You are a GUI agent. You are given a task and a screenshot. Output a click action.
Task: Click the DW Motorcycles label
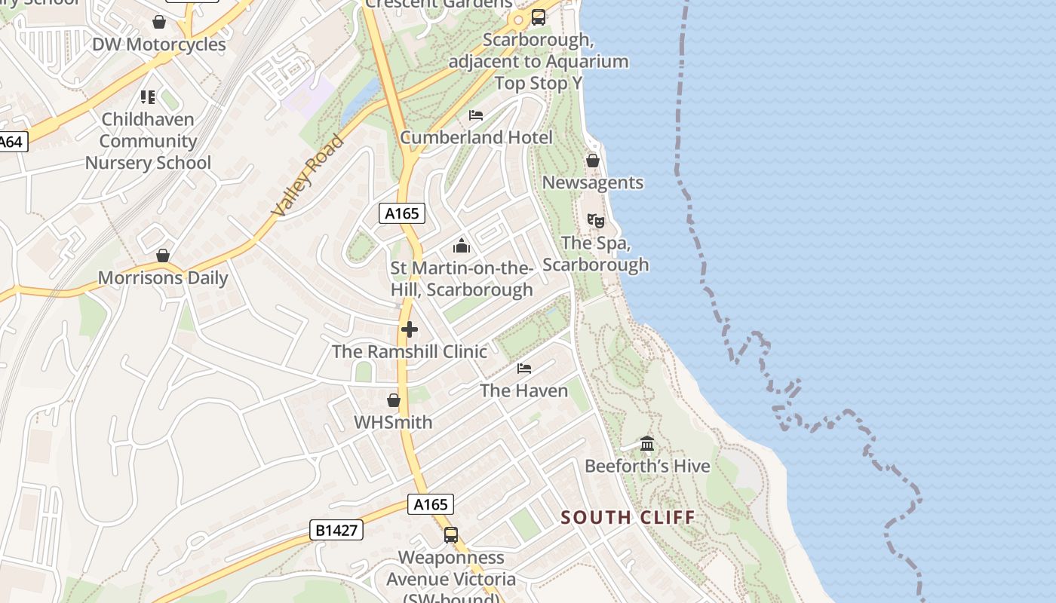tap(158, 44)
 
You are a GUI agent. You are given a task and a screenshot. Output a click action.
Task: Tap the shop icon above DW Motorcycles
tap(159, 22)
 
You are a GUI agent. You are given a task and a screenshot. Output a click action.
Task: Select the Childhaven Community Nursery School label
tap(148, 141)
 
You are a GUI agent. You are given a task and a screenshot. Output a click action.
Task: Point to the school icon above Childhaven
tap(148, 96)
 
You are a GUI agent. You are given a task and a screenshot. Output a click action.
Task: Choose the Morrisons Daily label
tap(163, 278)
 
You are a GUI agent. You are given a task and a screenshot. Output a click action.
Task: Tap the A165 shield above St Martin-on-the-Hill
tap(401, 213)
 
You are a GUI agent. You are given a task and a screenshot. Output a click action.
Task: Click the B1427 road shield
tap(336, 531)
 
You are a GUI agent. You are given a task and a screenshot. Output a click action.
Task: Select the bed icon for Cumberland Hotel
tap(476, 115)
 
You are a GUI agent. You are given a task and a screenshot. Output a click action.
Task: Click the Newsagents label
tap(593, 182)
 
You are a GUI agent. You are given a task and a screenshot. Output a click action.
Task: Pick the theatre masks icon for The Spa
tap(596, 221)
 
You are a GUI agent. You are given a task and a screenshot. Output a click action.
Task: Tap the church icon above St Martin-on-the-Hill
tap(462, 246)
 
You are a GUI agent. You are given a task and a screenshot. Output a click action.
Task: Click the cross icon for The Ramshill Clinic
tap(410, 329)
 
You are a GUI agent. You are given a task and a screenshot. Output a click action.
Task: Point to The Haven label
tap(524, 390)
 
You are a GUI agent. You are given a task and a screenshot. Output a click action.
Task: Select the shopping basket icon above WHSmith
tap(394, 400)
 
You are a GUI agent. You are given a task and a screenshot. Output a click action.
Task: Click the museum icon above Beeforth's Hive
tap(647, 444)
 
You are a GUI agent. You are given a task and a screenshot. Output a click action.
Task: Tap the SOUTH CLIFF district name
tap(628, 518)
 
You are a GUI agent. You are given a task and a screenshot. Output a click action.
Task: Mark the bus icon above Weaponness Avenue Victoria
tap(451, 535)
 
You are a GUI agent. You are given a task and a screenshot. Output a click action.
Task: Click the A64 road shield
tap(11, 142)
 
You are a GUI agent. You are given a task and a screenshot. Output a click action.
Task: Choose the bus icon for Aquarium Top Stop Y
tap(539, 17)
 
